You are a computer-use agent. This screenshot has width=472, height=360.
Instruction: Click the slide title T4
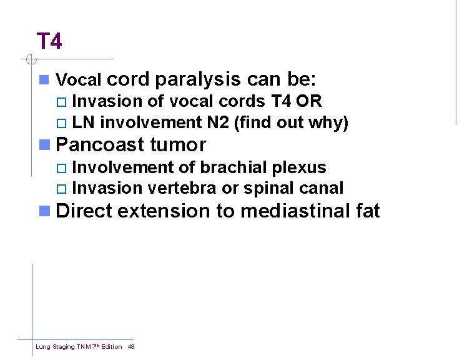(x=49, y=42)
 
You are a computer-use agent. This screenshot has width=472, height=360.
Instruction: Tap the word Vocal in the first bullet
(x=79, y=81)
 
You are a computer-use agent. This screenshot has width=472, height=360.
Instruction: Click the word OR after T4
(x=309, y=102)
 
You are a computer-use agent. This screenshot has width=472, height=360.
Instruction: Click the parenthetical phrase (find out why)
(x=291, y=123)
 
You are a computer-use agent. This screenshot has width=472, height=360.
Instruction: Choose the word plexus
(x=304, y=168)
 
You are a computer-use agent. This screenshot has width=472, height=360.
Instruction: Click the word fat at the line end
(x=366, y=211)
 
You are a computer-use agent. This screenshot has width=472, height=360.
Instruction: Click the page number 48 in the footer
(x=131, y=346)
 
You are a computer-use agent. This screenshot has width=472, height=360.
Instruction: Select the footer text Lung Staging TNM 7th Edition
(x=79, y=346)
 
